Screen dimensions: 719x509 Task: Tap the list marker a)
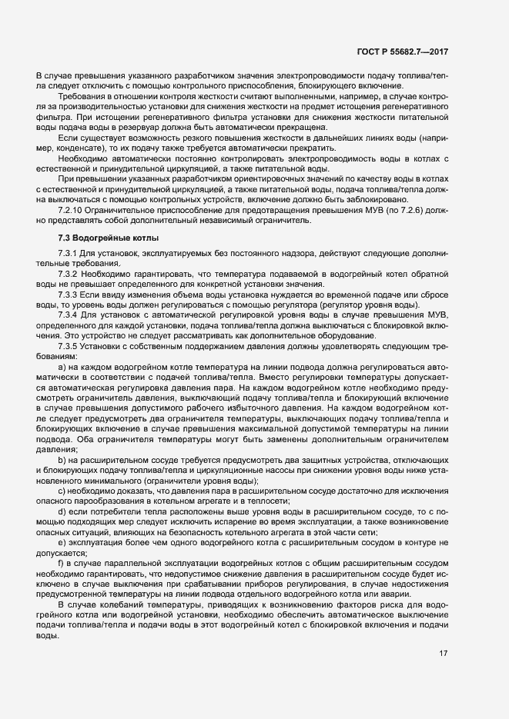click(62, 368)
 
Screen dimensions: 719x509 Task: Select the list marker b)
click(62, 458)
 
